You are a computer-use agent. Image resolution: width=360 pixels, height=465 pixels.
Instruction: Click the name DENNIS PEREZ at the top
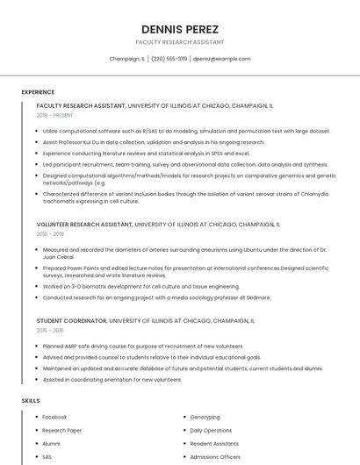tap(179, 29)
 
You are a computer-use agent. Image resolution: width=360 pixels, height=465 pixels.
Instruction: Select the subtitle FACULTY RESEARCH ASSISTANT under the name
tap(179, 42)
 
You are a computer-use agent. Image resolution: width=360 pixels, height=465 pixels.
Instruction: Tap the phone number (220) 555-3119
tap(169, 59)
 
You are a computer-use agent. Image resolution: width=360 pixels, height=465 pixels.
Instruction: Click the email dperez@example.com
tap(221, 59)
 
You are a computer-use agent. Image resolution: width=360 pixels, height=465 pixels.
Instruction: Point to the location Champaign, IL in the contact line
tap(127, 59)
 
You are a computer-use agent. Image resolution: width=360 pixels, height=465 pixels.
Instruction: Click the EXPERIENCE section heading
tap(38, 92)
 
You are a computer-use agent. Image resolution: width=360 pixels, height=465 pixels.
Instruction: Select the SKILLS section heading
tap(31, 400)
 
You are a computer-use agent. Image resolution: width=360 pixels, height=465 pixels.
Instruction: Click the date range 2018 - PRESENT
tap(55, 115)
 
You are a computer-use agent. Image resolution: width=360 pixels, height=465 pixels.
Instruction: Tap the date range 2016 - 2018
tap(50, 234)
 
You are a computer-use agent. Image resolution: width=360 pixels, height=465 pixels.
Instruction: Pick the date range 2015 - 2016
tap(50, 330)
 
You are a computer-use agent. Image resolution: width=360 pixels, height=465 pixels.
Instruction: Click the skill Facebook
tap(54, 417)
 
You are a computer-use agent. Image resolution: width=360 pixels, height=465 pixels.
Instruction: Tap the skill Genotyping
tap(205, 417)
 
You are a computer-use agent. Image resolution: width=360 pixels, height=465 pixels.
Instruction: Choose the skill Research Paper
tap(62, 431)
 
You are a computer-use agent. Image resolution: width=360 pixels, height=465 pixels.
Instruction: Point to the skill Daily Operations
tap(211, 431)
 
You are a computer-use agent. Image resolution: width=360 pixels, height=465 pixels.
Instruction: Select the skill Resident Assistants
tap(215, 444)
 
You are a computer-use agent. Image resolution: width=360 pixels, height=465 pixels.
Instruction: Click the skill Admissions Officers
tap(215, 457)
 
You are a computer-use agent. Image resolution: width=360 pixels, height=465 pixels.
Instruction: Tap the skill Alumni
tap(51, 444)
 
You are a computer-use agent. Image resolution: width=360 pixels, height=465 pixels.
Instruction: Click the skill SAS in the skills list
tap(47, 457)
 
